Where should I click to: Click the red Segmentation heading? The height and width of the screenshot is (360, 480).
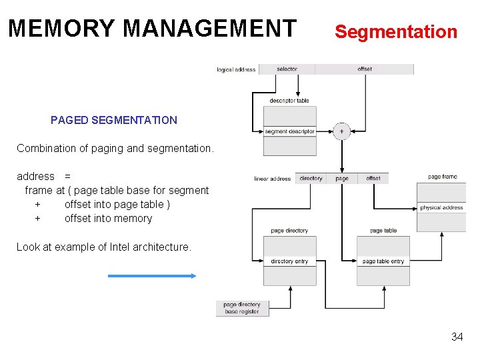pyautogui.click(x=395, y=31)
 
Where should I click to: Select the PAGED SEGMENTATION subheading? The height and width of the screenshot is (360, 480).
pyautogui.click(x=114, y=121)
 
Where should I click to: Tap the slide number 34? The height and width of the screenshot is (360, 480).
pyautogui.click(x=457, y=337)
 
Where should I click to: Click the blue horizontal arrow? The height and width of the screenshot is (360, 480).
pyautogui.click(x=152, y=275)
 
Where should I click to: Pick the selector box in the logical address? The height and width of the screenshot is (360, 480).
pyautogui.click(x=287, y=69)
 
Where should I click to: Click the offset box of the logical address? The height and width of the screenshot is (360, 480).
pyautogui.click(x=364, y=69)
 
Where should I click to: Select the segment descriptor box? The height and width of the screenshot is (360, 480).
pyautogui.click(x=289, y=131)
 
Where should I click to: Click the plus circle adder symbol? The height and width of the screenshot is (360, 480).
pyautogui.click(x=341, y=131)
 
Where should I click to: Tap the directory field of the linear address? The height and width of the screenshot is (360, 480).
pyautogui.click(x=311, y=179)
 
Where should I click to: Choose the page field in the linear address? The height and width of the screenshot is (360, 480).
pyautogui.click(x=342, y=179)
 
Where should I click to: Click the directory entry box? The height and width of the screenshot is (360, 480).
pyautogui.click(x=289, y=261)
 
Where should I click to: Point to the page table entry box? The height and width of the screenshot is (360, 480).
pyautogui.click(x=383, y=261)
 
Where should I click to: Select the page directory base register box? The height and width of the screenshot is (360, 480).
pyautogui.click(x=242, y=308)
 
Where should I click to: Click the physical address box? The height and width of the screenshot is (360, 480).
pyautogui.click(x=441, y=207)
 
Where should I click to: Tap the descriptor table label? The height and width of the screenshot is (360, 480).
pyautogui.click(x=289, y=101)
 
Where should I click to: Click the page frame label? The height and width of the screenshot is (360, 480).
pyautogui.click(x=442, y=177)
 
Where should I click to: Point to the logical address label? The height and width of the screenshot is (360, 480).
pyautogui.click(x=236, y=70)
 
